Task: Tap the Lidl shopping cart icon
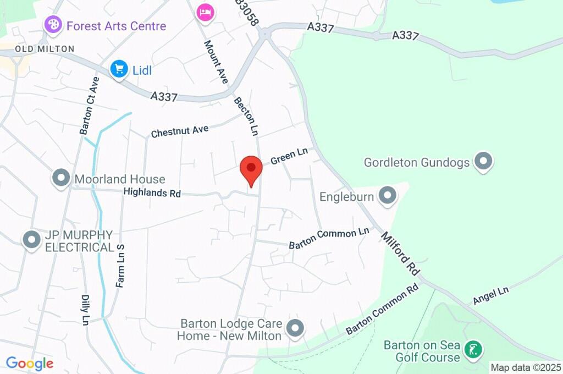click(x=119, y=69)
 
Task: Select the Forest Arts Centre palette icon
click(x=53, y=24)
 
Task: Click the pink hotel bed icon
click(x=205, y=13)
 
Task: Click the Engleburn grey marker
click(x=388, y=196)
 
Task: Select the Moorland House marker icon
click(x=60, y=178)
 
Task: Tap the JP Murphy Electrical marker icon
click(x=31, y=240)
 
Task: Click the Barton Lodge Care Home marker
click(x=296, y=328)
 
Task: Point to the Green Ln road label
click(x=289, y=157)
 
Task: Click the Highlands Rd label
click(x=152, y=193)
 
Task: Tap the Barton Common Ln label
click(x=329, y=238)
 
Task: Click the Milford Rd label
click(x=400, y=253)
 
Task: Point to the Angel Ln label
click(x=491, y=296)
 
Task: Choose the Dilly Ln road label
click(x=85, y=309)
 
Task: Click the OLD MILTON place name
click(x=45, y=49)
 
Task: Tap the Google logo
click(x=30, y=364)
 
